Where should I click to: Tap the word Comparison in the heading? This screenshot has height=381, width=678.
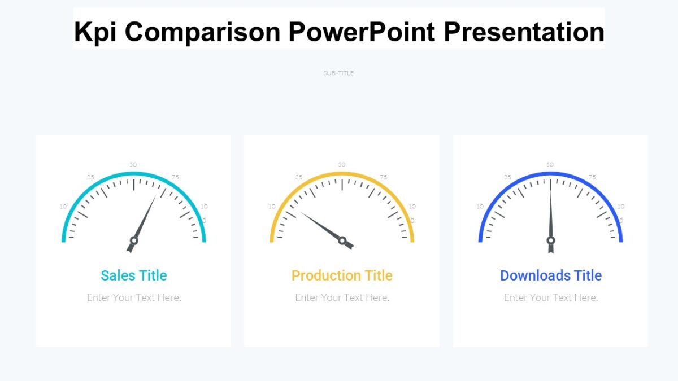[203, 32]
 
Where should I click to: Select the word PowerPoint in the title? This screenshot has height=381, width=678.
[362, 32]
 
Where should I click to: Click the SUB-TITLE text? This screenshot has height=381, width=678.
[338, 73]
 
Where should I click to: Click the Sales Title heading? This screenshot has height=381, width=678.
[134, 275]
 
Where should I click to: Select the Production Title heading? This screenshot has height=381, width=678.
[342, 275]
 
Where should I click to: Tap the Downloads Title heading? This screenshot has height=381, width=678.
[551, 275]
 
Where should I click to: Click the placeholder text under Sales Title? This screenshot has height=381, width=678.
[134, 297]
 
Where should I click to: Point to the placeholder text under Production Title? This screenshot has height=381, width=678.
[342, 297]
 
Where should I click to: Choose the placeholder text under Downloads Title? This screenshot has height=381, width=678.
[551, 297]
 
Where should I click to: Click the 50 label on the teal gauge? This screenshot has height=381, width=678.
[133, 164]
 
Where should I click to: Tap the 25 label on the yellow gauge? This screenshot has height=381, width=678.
[298, 177]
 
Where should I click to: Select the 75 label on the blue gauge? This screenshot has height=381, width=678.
[592, 177]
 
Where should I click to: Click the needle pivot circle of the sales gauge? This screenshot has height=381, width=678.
[134, 240]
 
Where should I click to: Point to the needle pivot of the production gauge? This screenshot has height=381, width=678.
[342, 240]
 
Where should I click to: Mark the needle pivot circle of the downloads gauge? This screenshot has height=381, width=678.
[551, 240]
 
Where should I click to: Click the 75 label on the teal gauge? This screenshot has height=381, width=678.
[175, 177]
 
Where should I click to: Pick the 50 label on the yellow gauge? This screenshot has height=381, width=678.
[342, 164]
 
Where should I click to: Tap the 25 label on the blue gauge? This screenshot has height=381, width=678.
[507, 177]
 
